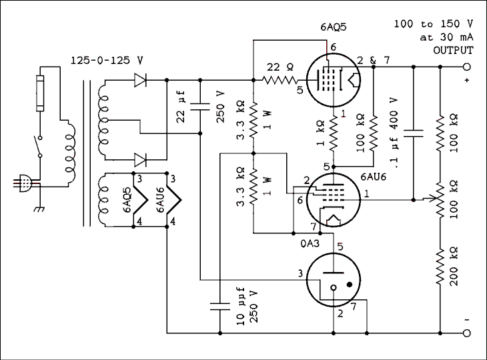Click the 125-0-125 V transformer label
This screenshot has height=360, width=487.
(107, 60)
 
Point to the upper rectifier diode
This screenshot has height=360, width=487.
(141, 81)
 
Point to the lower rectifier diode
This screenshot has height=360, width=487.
(141, 159)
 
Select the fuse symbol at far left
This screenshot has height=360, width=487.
(39, 93)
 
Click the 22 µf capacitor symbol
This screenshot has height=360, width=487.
(200, 105)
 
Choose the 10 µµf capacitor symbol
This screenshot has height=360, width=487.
(219, 307)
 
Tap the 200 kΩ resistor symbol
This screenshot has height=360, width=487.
(440, 267)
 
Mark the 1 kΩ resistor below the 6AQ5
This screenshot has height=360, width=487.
(334, 137)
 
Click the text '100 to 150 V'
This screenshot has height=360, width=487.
(433, 24)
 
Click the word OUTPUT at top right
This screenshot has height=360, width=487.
(453, 50)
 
